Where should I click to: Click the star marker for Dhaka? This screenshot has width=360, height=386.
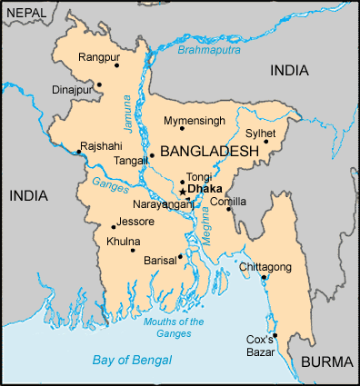pyautogui.click(x=182, y=192)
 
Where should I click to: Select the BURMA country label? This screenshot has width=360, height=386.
pyautogui.click(x=325, y=361)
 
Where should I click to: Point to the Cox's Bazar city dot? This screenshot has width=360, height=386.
pyautogui.click(x=274, y=335)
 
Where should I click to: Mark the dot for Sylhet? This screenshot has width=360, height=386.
pyautogui.click(x=266, y=141)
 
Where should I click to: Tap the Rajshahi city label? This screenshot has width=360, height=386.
pyautogui.click(x=99, y=145)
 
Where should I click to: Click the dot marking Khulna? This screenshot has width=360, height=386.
pyautogui.click(x=133, y=250)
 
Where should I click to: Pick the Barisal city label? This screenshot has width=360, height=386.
pyautogui.click(x=159, y=258)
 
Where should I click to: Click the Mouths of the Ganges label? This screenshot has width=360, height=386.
pyautogui.click(x=174, y=327)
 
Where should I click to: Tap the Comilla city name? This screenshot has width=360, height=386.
pyautogui.click(x=227, y=201)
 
